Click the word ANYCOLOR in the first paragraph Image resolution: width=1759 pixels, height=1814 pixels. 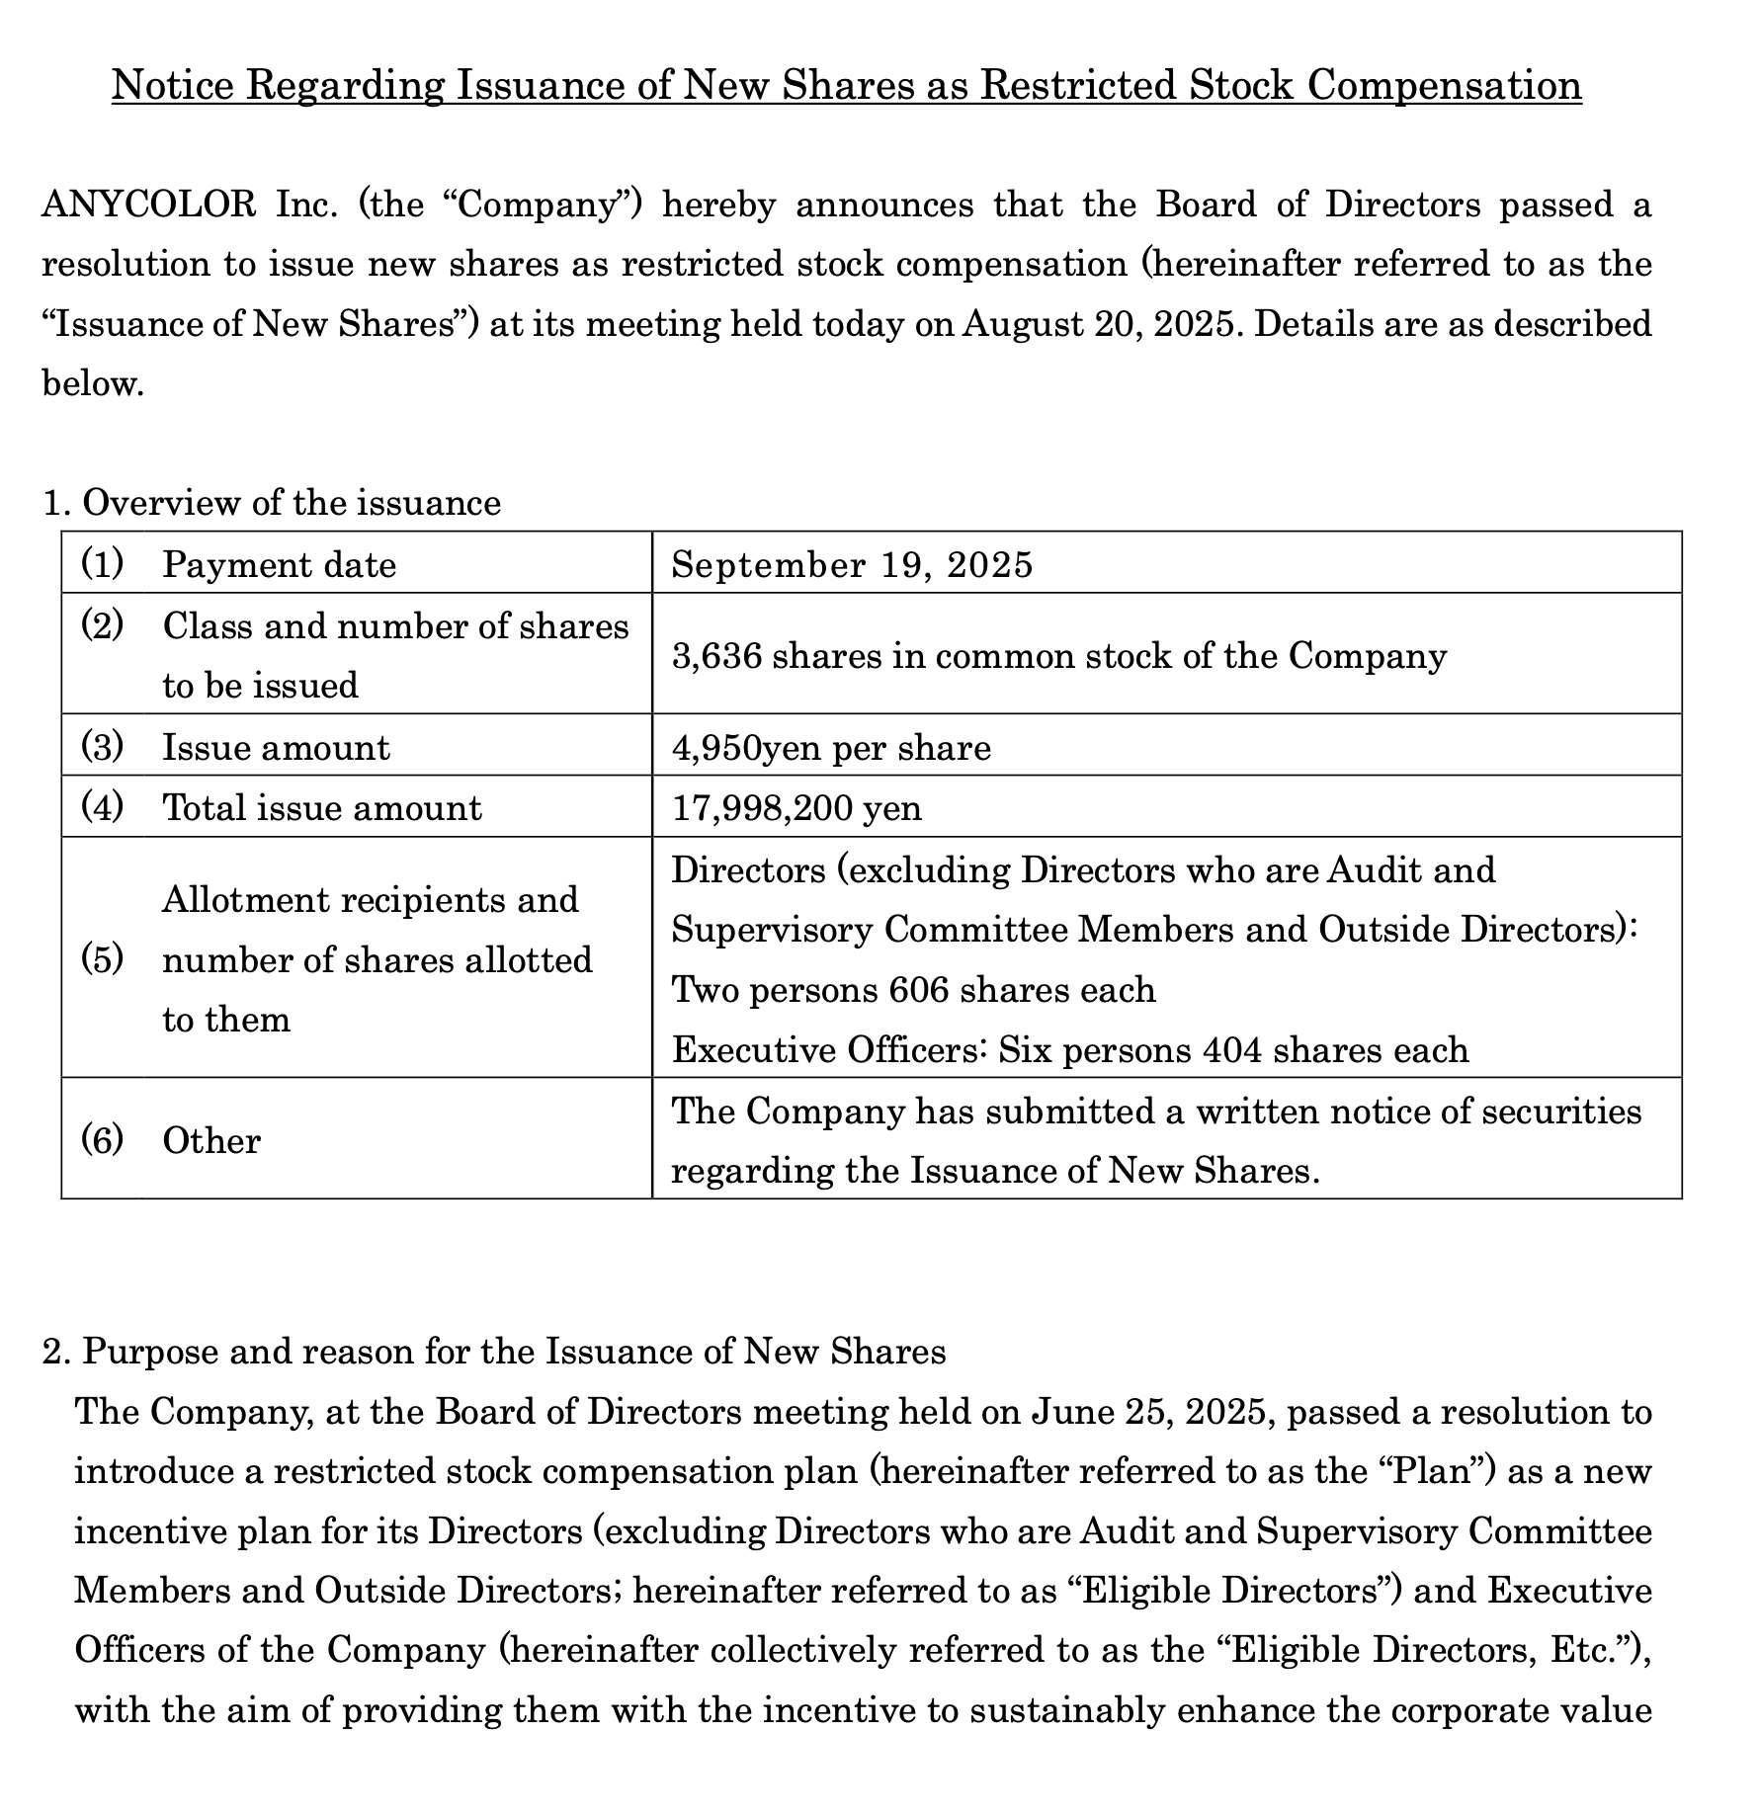click(x=148, y=205)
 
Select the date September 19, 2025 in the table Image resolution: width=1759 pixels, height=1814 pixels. click(x=852, y=564)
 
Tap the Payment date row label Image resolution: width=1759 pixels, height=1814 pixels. click(x=279, y=564)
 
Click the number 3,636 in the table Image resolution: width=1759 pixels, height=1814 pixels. click(x=716, y=655)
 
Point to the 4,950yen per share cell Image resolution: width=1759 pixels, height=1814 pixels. click(x=831, y=747)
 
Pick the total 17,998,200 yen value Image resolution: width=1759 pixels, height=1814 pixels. click(x=796, y=808)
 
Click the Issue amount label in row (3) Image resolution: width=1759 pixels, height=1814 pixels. click(x=276, y=747)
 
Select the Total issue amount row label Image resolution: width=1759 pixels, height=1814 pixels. click(x=322, y=808)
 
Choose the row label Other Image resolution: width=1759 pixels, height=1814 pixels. click(x=211, y=1140)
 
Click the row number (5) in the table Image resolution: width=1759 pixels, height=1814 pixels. click(x=102, y=958)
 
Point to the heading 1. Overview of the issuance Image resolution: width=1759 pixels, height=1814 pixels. click(x=272, y=503)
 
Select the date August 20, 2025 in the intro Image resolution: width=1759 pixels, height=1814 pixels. click(x=1099, y=324)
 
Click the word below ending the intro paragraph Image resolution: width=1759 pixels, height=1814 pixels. click(x=93, y=383)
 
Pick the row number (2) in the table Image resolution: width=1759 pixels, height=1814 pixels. click(x=102, y=624)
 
